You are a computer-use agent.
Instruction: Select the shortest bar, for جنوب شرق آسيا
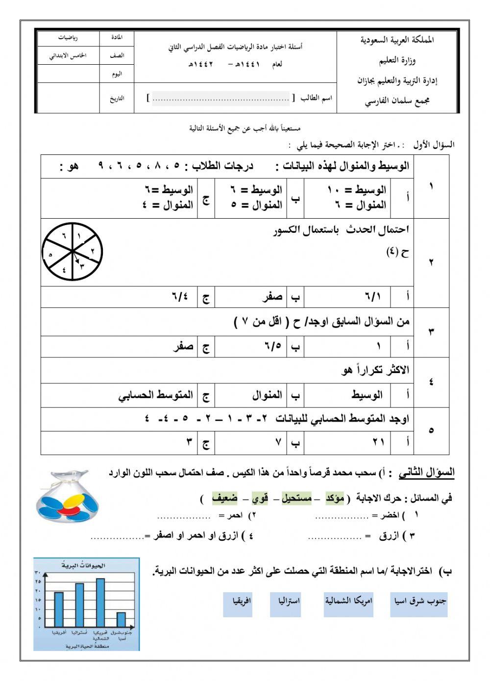(x=121, y=620)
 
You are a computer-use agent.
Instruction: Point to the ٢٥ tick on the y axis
(x=38, y=581)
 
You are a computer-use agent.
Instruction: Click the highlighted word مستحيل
(x=296, y=499)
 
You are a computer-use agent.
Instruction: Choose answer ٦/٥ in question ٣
(x=275, y=347)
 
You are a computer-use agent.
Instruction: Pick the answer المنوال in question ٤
(x=267, y=395)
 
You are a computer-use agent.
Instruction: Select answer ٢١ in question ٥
(x=378, y=443)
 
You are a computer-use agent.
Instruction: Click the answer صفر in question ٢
(x=272, y=297)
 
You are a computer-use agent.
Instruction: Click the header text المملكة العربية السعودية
(x=397, y=40)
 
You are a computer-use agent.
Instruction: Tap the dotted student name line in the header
(x=221, y=99)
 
